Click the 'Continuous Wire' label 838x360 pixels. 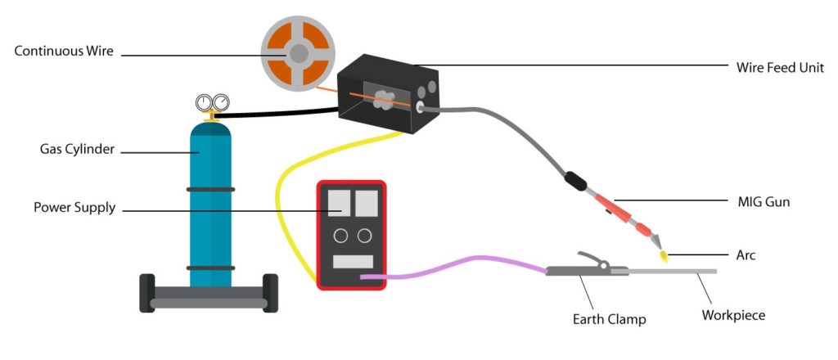64,52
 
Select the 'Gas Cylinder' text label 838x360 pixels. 77,149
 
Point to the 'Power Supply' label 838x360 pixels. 74,208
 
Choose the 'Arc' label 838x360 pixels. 746,255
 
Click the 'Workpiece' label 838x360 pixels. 733,315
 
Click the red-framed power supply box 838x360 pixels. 351,235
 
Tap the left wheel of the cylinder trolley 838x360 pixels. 147,293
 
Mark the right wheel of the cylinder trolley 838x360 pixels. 270,293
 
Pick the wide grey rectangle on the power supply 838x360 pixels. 353,262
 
